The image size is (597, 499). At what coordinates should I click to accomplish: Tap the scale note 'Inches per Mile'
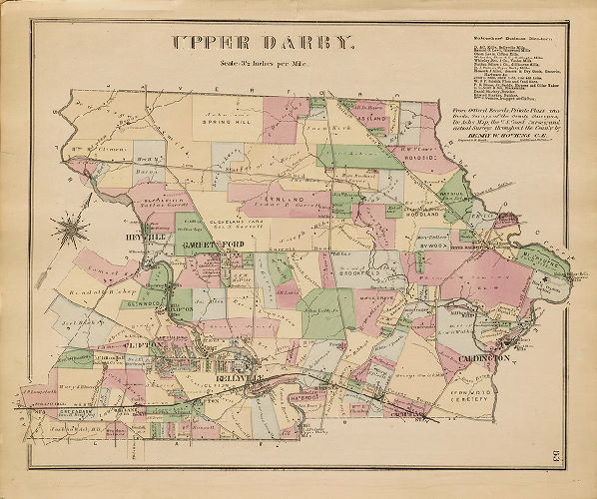(x=263, y=65)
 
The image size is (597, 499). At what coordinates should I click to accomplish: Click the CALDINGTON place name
(x=485, y=355)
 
